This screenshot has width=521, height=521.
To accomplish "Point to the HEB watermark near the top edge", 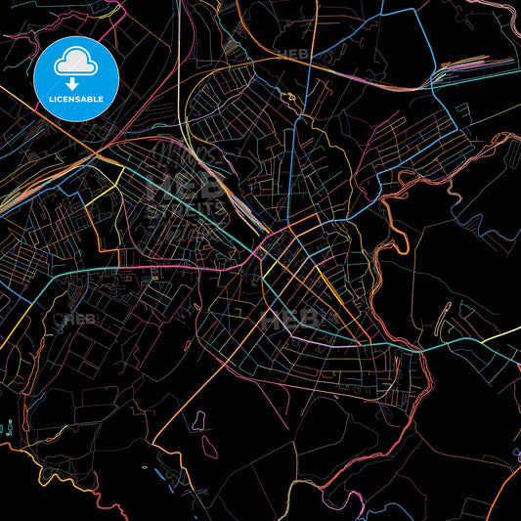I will [293, 54].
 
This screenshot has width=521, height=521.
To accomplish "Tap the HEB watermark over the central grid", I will [293, 318].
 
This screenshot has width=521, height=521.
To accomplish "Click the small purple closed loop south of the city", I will [199, 420].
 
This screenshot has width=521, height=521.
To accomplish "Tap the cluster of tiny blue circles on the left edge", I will [8, 426].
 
